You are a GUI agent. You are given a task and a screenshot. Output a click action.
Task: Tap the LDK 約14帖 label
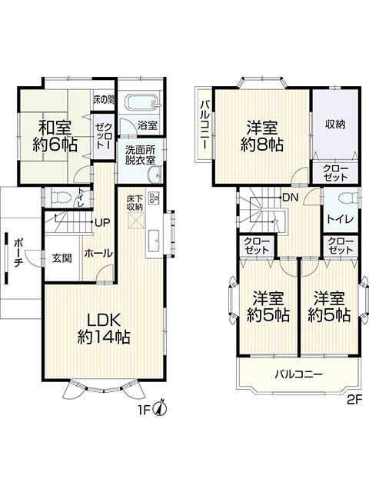103,327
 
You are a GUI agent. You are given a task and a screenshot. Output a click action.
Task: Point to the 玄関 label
62,258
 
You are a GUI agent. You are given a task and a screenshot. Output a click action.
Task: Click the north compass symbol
161,407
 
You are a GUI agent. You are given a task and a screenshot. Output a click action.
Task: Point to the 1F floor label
145,409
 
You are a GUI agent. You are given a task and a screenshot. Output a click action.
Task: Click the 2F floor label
353,400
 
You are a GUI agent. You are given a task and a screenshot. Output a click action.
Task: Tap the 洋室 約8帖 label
261,135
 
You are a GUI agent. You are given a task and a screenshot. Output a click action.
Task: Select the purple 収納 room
334,125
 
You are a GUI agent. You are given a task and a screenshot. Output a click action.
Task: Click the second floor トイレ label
340,219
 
